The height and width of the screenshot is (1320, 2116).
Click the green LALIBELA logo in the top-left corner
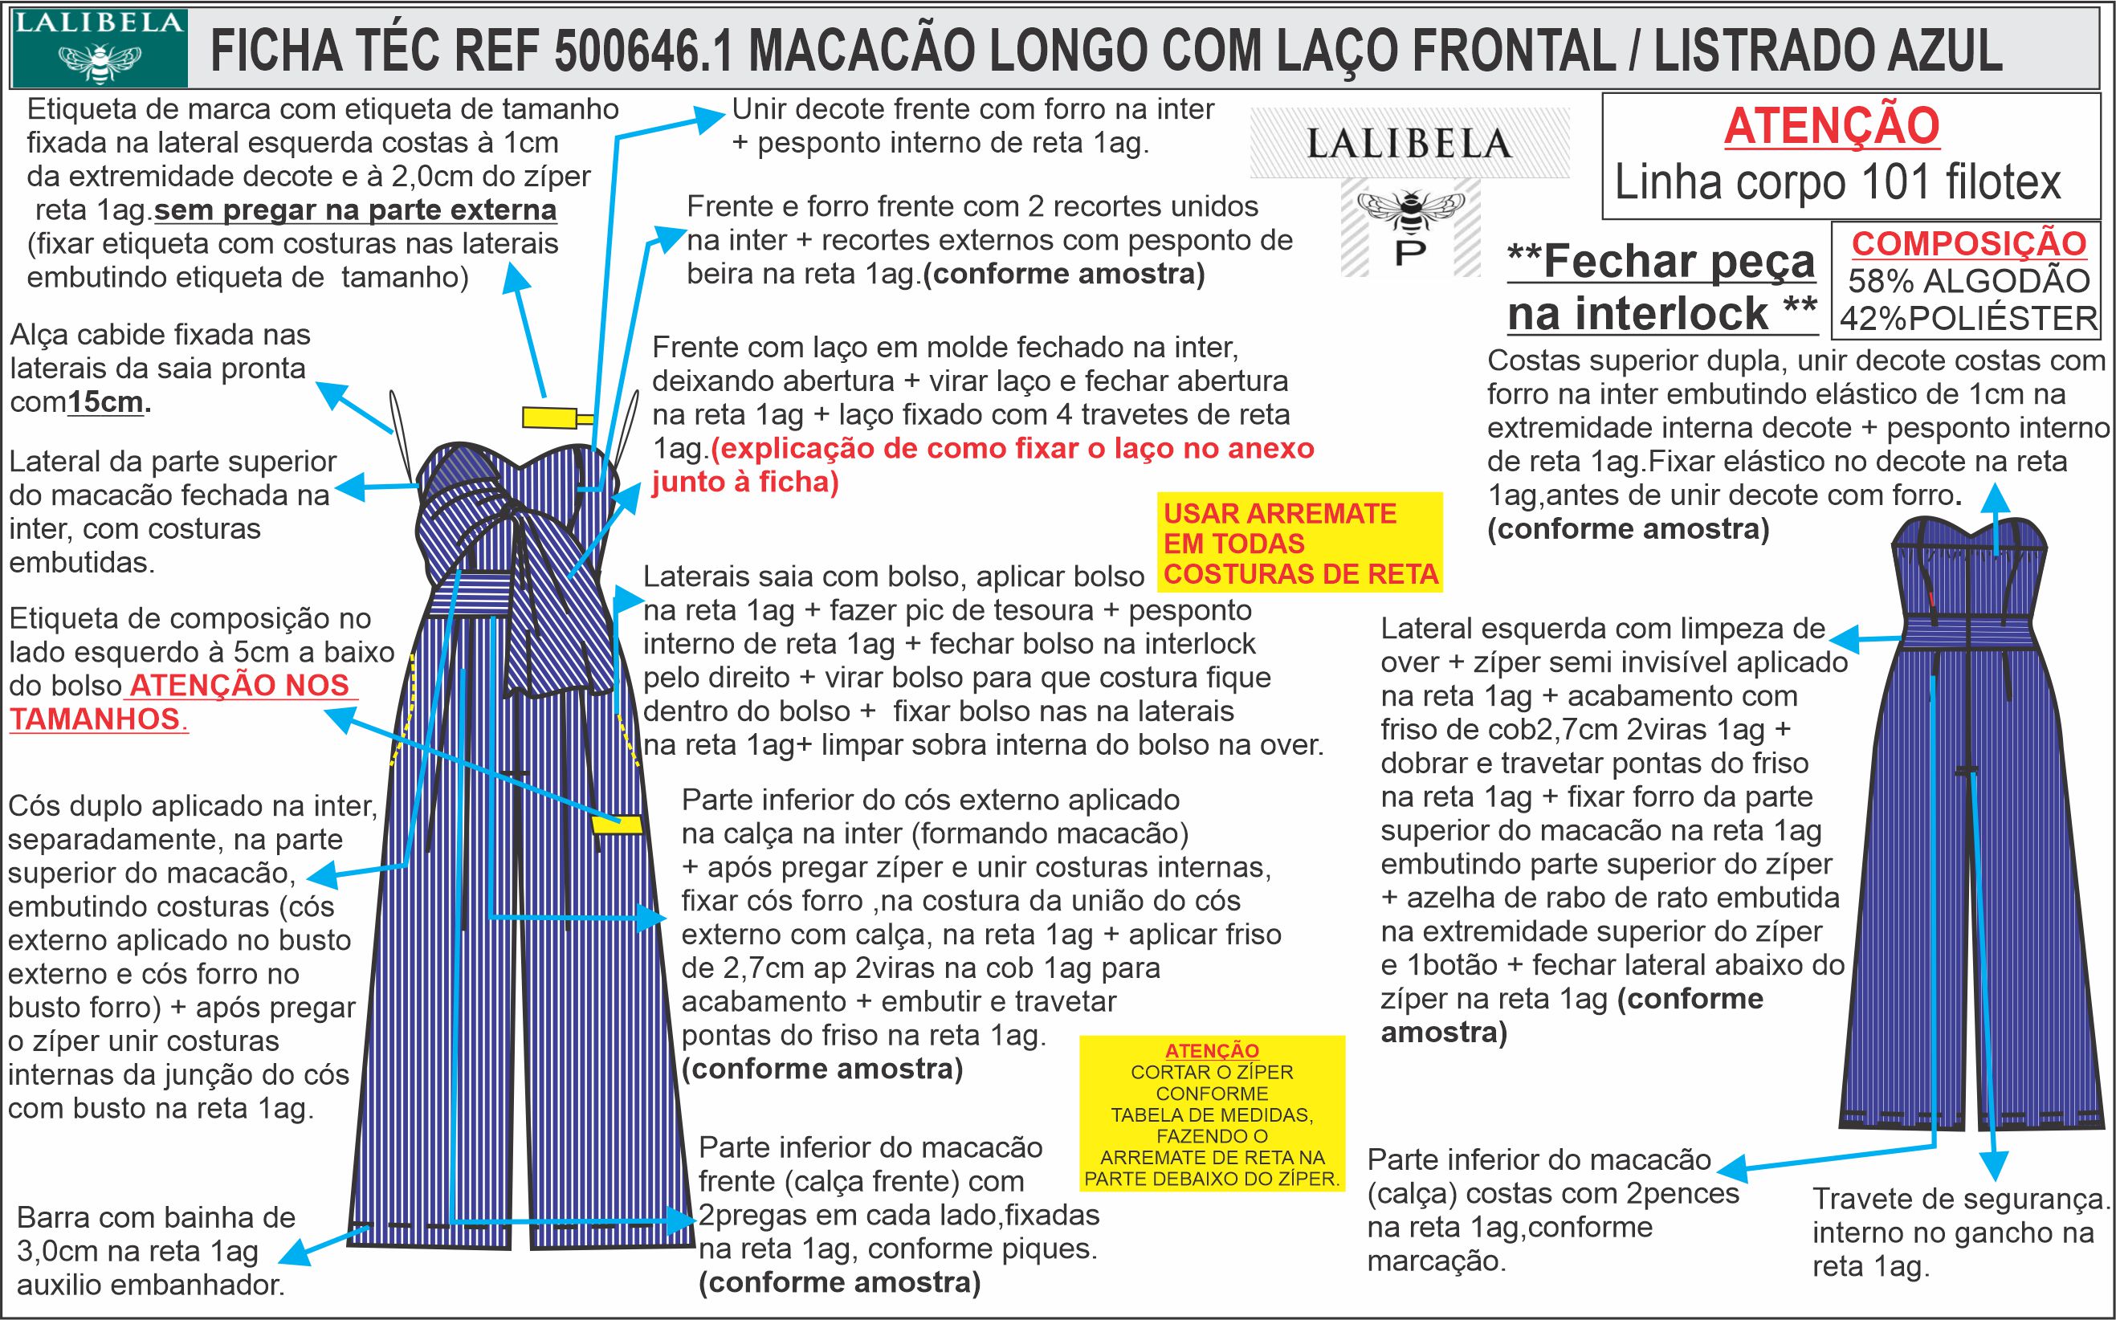click(x=99, y=49)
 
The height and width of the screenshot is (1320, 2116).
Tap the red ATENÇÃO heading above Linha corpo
click(x=1832, y=126)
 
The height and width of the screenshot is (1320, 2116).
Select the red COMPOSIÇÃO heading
click(x=1968, y=243)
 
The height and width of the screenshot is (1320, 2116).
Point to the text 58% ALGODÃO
click(x=1967, y=281)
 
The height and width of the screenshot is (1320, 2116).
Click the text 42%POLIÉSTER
click(x=1968, y=320)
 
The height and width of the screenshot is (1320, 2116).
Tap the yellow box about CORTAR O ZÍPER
click(x=1212, y=1114)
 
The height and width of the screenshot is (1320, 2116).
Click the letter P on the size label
click(x=1411, y=251)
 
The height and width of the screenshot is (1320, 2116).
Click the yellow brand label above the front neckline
click(x=549, y=418)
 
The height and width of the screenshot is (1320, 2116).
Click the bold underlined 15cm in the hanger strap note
click(x=106, y=402)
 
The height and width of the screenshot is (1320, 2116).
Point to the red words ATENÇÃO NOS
click(x=239, y=686)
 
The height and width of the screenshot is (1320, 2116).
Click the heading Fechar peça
click(x=1662, y=263)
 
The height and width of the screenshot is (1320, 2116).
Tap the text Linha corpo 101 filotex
click(x=1837, y=182)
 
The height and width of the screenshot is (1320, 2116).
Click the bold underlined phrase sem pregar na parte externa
click(x=355, y=210)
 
